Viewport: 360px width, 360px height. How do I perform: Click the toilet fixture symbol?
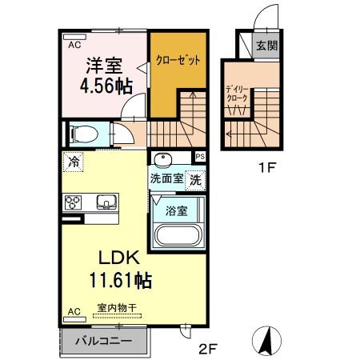click(82, 133)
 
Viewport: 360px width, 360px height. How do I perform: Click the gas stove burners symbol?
click(74, 201)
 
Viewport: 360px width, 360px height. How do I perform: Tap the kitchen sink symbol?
click(106, 201)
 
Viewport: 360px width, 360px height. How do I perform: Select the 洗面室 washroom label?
click(167, 179)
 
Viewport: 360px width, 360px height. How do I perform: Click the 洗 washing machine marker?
click(195, 180)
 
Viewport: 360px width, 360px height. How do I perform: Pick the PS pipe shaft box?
click(200, 157)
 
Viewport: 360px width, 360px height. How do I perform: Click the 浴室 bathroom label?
click(177, 212)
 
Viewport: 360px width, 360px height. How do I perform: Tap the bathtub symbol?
click(177, 238)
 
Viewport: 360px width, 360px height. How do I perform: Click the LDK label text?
click(120, 258)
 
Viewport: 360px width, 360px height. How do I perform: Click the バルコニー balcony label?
click(102, 341)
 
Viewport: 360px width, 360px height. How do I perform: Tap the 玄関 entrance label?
click(266, 46)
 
